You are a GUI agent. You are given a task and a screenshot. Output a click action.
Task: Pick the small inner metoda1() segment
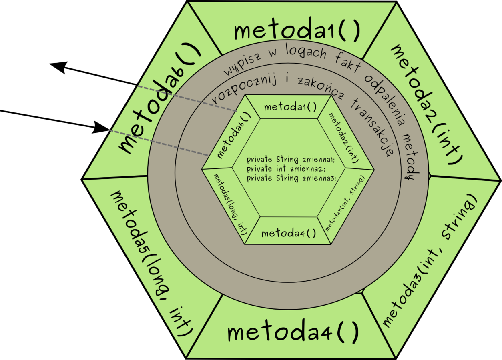(x=290, y=107)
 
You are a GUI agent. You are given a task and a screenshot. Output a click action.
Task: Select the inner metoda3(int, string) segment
(x=345, y=203)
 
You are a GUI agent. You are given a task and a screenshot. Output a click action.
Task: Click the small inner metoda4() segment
(x=289, y=232)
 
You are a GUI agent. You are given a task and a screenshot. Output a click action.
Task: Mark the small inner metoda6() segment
(x=233, y=135)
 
